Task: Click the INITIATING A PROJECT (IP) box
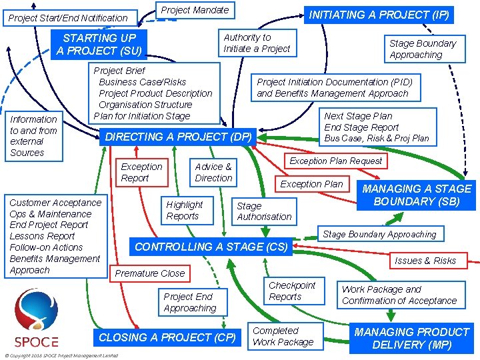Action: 378,14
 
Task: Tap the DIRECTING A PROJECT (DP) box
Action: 179,137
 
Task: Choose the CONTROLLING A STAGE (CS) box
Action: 211,247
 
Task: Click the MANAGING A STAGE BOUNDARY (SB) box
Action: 416,195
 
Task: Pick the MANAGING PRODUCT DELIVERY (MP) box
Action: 411,338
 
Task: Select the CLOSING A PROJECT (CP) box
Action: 167,337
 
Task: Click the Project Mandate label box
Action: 195,10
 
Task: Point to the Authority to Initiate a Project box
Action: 257,43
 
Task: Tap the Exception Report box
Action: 141,173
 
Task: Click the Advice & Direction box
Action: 213,173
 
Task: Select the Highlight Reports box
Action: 184,210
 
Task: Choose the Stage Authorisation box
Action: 264,211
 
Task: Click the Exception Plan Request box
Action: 335,161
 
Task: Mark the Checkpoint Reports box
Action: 292,291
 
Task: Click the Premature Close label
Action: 150,273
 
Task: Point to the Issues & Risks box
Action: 425,260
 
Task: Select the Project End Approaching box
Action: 189,303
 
